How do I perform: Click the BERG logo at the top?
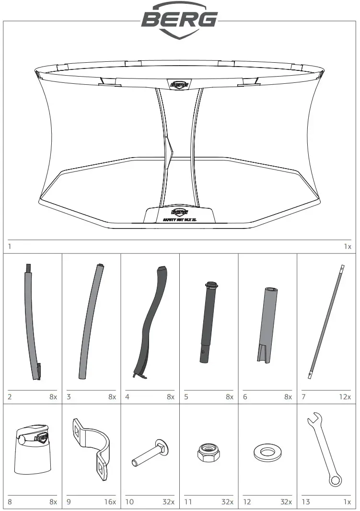pyautogui.click(x=179, y=19)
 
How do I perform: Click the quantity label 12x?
pyautogui.click(x=345, y=397)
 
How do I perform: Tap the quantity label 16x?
pyautogui.click(x=110, y=502)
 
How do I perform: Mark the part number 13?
pyautogui.click(x=306, y=502)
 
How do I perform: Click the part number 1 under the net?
pyautogui.click(x=10, y=247)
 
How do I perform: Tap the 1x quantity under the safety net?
pyautogui.click(x=347, y=247)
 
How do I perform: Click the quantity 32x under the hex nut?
pyautogui.click(x=227, y=502)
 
